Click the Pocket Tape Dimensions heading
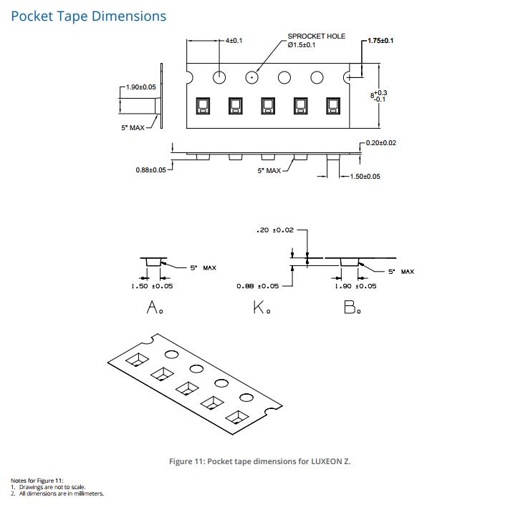point(88,16)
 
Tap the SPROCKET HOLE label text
point(317,36)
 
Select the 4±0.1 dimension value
point(234,41)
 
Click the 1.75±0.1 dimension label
point(380,41)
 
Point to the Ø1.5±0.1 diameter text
point(302,45)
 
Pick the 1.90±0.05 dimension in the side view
point(140,87)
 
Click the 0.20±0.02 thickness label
point(381,143)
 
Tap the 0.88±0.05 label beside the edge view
point(150,170)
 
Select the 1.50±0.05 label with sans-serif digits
point(365,177)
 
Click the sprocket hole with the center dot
point(251,77)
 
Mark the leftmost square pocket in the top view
point(203,106)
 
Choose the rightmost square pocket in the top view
point(333,106)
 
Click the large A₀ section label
point(155,307)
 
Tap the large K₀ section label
point(261,307)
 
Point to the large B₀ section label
point(352,307)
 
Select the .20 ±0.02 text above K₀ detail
point(275,230)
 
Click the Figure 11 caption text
point(260,461)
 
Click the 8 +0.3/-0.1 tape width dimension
point(379,96)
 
